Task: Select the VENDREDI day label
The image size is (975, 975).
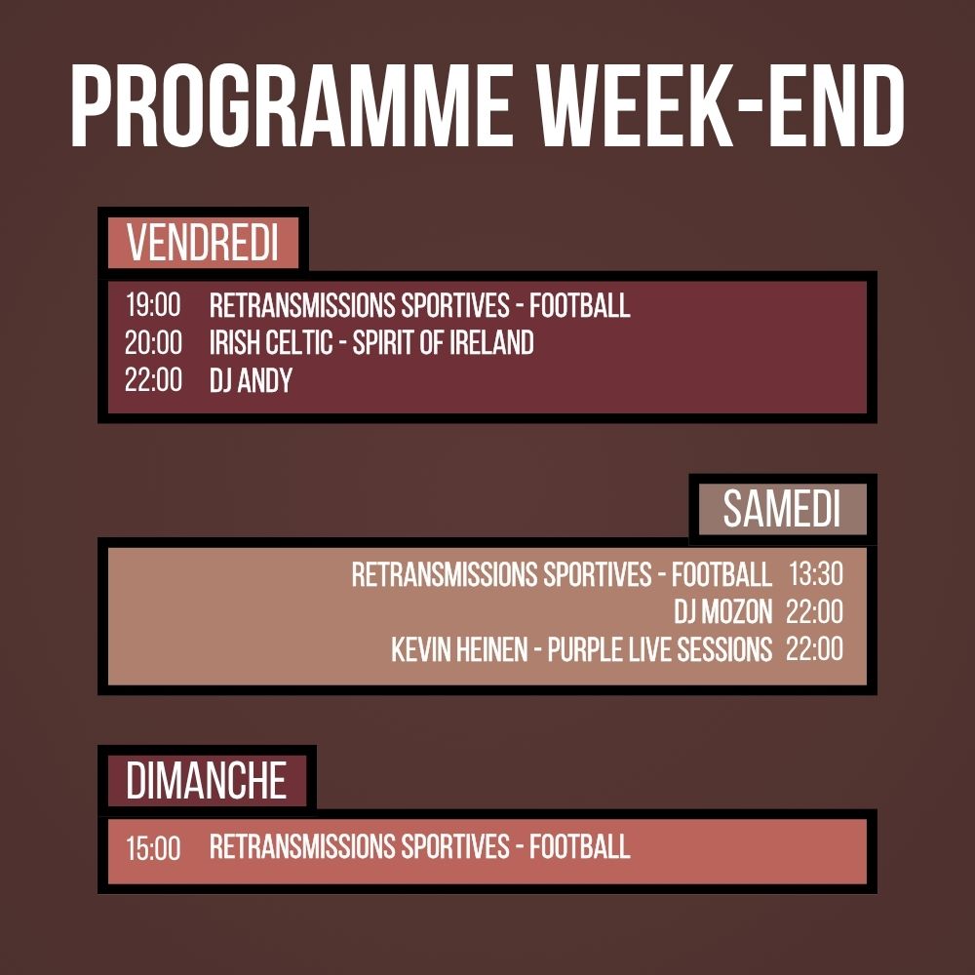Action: point(203,244)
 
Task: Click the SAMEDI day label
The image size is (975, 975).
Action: point(781,510)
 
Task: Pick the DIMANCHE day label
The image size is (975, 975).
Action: point(207,782)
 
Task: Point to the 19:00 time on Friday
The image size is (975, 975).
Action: point(153,305)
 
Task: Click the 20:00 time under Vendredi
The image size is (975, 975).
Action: point(153,342)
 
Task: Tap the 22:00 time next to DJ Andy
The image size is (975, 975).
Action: point(153,380)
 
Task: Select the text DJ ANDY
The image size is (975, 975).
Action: point(251,380)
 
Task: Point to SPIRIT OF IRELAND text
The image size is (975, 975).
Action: point(444,342)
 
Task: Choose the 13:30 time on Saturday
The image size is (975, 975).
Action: point(815,574)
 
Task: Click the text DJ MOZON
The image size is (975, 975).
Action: point(723,612)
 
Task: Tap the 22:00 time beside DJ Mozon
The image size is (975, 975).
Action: point(815,612)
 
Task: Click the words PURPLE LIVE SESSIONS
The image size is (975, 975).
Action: point(660,649)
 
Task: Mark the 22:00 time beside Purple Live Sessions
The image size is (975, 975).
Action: point(815,649)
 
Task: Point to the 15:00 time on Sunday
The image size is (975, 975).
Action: point(153,848)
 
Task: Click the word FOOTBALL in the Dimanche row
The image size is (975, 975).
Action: point(580,846)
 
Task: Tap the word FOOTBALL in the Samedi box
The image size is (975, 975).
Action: point(721,574)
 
